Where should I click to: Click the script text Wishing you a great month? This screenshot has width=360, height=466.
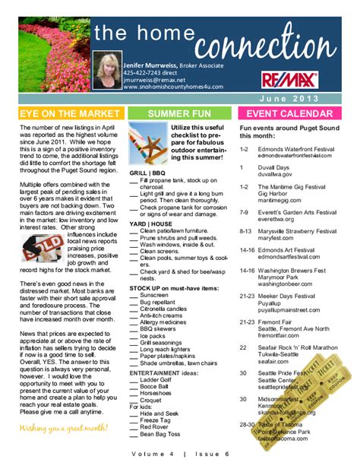(x=63, y=428)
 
